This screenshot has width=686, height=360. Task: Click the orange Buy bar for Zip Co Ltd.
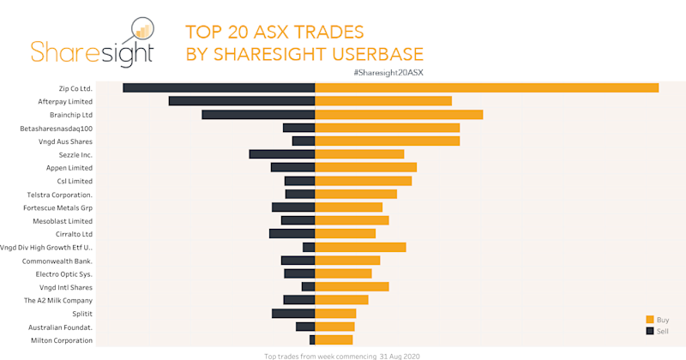point(487,87)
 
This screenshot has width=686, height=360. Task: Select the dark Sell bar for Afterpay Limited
point(242,101)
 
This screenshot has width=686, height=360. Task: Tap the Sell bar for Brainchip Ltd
point(258,115)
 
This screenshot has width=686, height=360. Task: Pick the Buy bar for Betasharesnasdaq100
point(388,128)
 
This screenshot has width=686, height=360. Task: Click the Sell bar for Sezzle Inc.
point(282,154)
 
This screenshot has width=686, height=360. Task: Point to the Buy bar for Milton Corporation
point(334,340)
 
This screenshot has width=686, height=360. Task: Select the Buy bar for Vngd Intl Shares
point(352,287)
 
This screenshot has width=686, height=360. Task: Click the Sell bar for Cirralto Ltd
point(292,234)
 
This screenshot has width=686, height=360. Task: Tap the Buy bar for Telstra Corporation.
point(356,194)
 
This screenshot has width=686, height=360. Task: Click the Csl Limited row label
point(75,181)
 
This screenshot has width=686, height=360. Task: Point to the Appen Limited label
point(69,168)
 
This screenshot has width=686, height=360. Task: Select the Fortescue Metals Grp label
point(59,207)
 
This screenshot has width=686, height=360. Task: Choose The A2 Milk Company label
point(57,301)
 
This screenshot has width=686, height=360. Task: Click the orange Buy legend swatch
point(650,319)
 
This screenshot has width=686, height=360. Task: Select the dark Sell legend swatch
point(650,330)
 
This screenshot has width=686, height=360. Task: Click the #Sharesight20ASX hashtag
point(388,72)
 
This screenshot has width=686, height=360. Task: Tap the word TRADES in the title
point(330,33)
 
